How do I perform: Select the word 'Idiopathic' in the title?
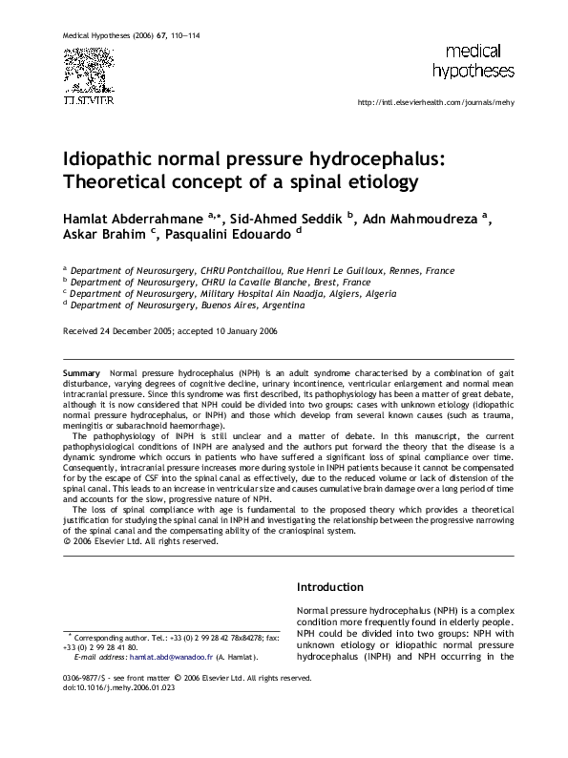[112, 158]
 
